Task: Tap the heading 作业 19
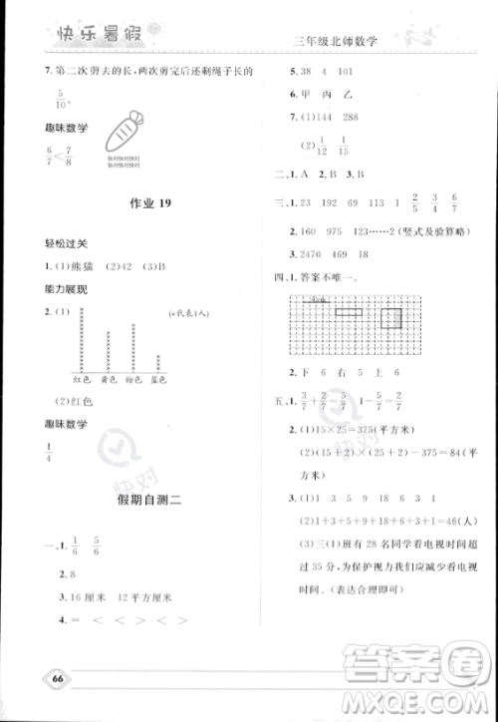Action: (x=151, y=203)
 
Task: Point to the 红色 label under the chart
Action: (x=78, y=381)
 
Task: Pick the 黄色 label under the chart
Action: (x=106, y=381)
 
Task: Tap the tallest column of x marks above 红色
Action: (x=78, y=339)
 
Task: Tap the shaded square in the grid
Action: (x=391, y=318)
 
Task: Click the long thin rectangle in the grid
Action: (x=350, y=312)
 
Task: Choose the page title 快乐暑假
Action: (x=82, y=39)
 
